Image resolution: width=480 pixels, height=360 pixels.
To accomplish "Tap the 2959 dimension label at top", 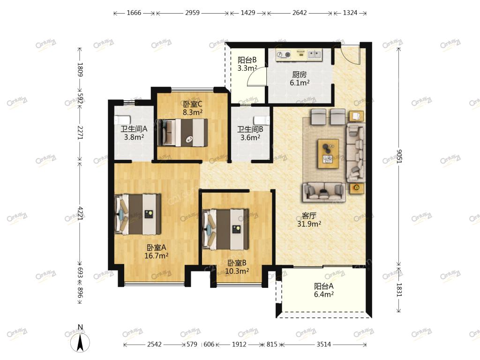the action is (192, 13).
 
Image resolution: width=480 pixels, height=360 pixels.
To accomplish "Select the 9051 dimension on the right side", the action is (398, 157).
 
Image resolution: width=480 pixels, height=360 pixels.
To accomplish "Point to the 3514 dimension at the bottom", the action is (323, 345).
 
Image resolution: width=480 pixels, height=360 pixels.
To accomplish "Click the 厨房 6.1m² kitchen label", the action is (300, 78).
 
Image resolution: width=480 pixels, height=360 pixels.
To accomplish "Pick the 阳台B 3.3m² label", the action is (247, 64).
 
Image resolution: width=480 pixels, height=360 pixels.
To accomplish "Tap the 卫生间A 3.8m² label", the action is (134, 133).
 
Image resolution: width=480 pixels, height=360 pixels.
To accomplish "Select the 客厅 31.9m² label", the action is (309, 220).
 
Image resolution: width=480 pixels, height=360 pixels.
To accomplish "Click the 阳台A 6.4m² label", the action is (323, 290).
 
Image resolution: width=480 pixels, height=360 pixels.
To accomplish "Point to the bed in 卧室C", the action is (182, 132).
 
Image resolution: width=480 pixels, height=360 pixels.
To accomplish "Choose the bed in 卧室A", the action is (137, 214).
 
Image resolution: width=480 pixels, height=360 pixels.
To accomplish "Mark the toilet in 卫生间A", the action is (122, 120).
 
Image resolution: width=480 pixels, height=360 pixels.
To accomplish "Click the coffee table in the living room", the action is (328, 154).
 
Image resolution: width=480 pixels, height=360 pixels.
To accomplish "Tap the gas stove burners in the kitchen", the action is (284, 55).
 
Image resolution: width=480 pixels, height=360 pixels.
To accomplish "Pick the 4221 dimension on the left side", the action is (80, 213).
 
